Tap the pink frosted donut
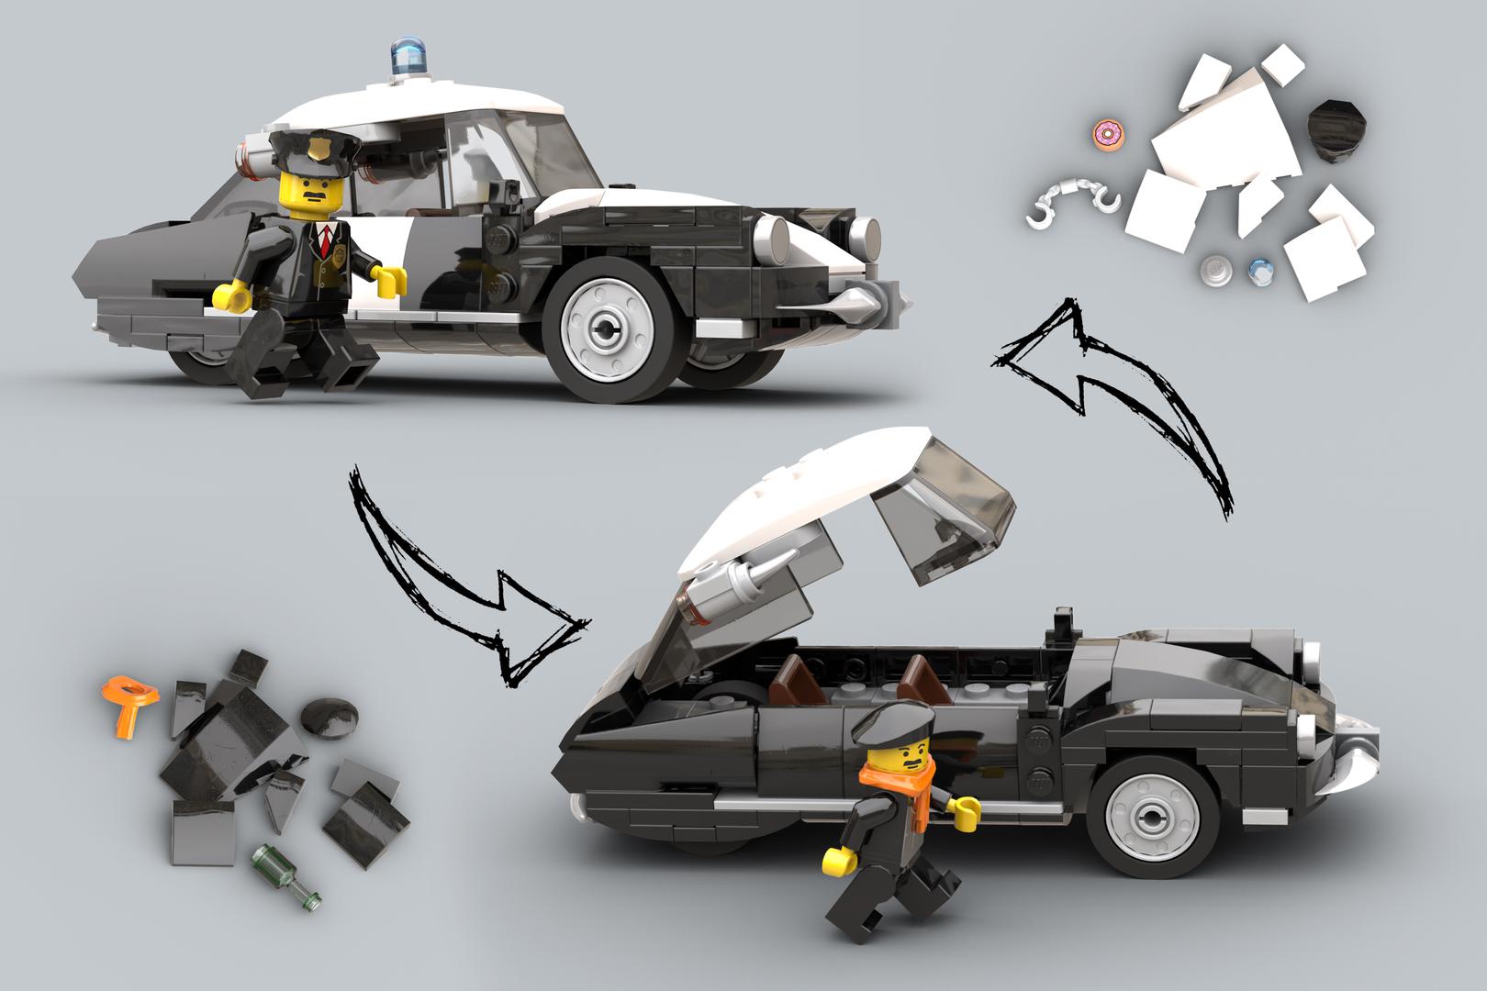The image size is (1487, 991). coord(1108,136)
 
